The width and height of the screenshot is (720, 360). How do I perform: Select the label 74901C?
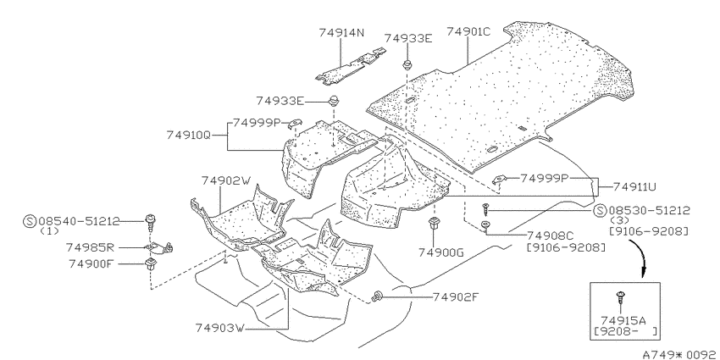coord(468,31)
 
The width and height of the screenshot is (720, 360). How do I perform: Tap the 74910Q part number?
coord(188,135)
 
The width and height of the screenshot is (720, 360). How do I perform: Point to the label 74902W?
coord(226,180)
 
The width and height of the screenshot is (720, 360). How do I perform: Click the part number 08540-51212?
coord(79,221)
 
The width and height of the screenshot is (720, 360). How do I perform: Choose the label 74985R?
coord(90,248)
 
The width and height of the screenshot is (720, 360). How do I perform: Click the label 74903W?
coord(220,328)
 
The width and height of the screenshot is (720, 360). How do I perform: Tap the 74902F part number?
coord(456,297)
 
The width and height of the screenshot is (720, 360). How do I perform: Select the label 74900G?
coord(441,252)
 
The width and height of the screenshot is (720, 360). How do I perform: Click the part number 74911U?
coord(634,187)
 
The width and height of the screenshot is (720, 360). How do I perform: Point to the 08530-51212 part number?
coord(650,211)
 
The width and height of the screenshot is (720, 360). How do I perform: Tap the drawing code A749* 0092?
coord(680,354)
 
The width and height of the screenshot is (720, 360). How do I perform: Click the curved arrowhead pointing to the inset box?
coord(643,274)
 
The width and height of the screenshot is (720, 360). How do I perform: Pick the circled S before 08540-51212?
coord(30,221)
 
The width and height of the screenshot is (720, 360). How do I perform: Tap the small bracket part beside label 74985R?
coord(161,248)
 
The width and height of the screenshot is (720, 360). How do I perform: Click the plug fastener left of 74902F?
coord(378,296)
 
